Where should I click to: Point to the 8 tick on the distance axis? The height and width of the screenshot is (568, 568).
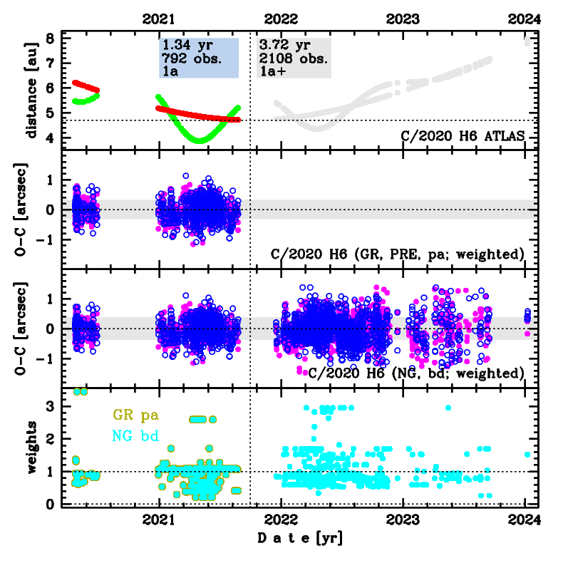[x=49, y=38]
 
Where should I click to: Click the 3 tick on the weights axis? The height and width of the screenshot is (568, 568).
[x=49, y=406]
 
